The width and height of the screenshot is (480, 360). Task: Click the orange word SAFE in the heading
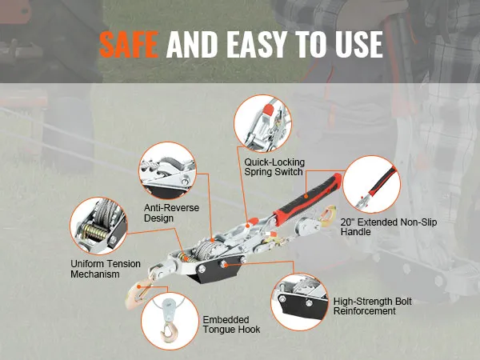point(129,44)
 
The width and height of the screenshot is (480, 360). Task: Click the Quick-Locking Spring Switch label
point(274,167)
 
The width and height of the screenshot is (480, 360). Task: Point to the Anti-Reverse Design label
point(171,213)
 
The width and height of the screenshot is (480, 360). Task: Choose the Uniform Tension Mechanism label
point(106,269)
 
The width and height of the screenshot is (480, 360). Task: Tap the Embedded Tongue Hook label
point(231,325)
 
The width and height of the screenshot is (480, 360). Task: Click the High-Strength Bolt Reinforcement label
point(373,306)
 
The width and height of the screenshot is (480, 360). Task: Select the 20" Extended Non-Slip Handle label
point(389,226)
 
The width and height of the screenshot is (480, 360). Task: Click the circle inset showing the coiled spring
point(98,226)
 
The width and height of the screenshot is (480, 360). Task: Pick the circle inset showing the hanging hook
point(170,321)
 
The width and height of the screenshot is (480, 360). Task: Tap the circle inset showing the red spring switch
point(262,123)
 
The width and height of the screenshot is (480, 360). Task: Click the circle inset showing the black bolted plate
point(300,302)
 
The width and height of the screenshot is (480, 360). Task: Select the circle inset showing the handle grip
point(372,184)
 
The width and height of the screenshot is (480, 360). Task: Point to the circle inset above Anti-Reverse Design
point(167,170)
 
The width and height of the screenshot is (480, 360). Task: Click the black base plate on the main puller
point(217,270)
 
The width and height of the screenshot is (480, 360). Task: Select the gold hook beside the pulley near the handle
point(327,214)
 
